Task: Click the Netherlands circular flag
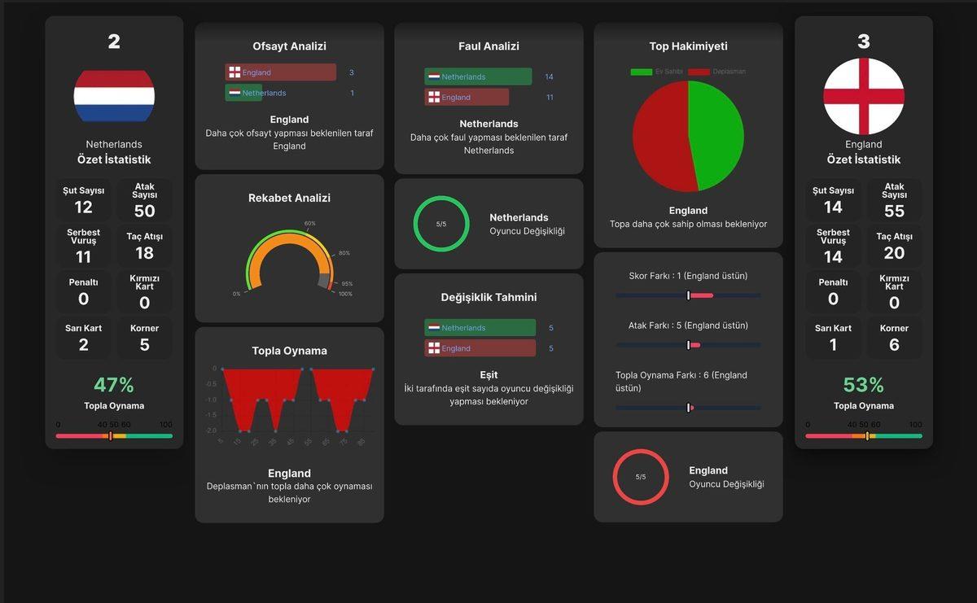pyautogui.click(x=114, y=96)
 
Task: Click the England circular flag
pyautogui.click(x=864, y=96)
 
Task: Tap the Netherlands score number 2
pyautogui.click(x=114, y=42)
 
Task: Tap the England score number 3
pyautogui.click(x=864, y=42)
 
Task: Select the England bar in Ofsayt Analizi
pyautogui.click(x=280, y=72)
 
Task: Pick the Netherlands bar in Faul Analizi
pyautogui.click(x=478, y=76)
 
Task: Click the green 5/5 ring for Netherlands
pyautogui.click(x=441, y=224)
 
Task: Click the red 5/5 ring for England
pyautogui.click(x=641, y=477)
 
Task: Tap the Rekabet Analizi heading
pyautogui.click(x=289, y=198)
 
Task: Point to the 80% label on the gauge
pyautogui.click(x=344, y=253)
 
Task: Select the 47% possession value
pyautogui.click(x=114, y=385)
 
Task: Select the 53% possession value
pyautogui.click(x=864, y=385)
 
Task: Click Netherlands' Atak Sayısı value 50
pyautogui.click(x=144, y=211)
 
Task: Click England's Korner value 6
pyautogui.click(x=894, y=344)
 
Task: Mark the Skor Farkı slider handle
pyautogui.click(x=688, y=295)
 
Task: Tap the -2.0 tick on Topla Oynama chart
pyautogui.click(x=211, y=430)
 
